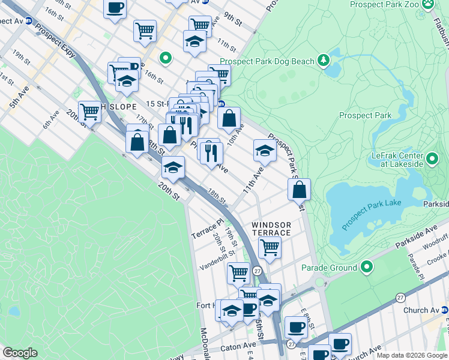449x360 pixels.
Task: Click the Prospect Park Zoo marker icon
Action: pyautogui.click(x=428, y=5)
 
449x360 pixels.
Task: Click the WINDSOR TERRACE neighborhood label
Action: pyautogui.click(x=271, y=227)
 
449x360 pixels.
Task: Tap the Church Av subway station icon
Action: pyautogui.click(x=445, y=310)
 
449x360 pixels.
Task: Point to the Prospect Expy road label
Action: pyautogui.click(x=56, y=41)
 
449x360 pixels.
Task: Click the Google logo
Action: pyautogui.click(x=20, y=353)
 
